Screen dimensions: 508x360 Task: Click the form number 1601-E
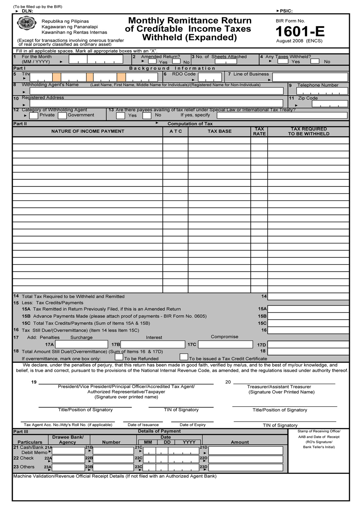300,32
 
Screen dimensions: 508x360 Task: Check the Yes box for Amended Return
152,61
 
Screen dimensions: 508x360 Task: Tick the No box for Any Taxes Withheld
315,61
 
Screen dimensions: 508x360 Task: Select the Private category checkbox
34,116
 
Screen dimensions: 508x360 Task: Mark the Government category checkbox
62,116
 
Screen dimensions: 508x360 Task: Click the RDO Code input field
210,77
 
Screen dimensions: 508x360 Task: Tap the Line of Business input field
310,77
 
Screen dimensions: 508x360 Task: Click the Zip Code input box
330,104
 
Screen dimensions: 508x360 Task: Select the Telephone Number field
322,91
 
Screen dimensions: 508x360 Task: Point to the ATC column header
176,131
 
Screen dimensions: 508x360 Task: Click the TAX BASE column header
219,131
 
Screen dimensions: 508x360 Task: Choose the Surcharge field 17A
81,344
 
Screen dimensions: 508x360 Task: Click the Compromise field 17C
225,344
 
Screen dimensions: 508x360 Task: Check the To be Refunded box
119,357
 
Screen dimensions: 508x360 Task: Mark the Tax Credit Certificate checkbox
184,357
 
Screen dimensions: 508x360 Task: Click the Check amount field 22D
245,459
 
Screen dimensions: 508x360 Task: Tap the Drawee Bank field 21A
69,451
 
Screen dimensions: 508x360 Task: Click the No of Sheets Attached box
225,62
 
